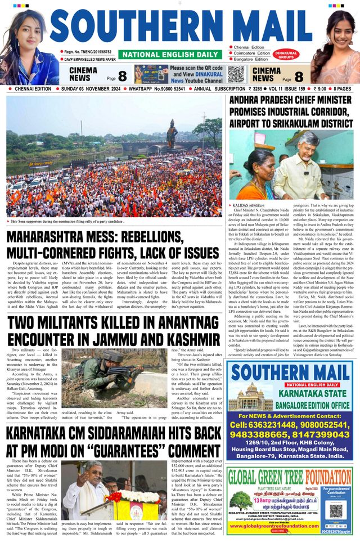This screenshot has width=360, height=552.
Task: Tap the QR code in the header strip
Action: tap(236, 74)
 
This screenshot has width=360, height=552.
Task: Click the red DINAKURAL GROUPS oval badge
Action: tap(286, 55)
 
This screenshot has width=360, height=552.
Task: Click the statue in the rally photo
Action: tap(171, 133)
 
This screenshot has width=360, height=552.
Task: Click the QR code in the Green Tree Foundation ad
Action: tap(335, 510)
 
